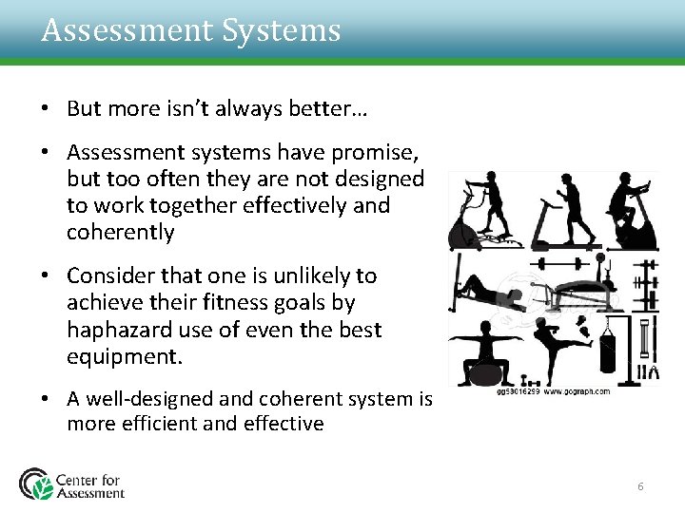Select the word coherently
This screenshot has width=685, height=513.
point(121,232)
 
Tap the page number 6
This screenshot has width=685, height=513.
point(640,486)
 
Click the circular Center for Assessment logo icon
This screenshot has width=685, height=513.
point(37,483)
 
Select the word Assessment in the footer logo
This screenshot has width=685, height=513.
point(90,492)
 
